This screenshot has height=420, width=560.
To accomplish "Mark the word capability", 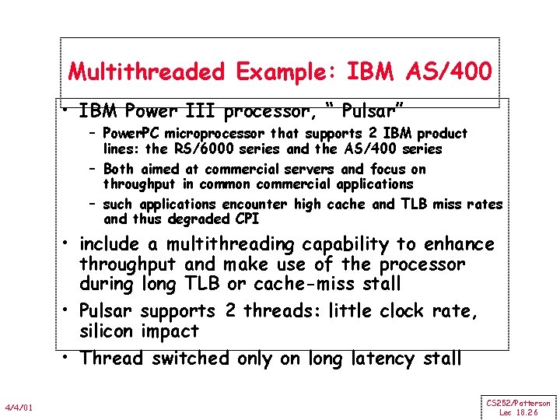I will click(346, 245).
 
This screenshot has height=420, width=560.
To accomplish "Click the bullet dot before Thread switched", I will click(68, 357).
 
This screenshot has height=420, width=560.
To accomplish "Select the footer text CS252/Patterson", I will click(518, 403).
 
